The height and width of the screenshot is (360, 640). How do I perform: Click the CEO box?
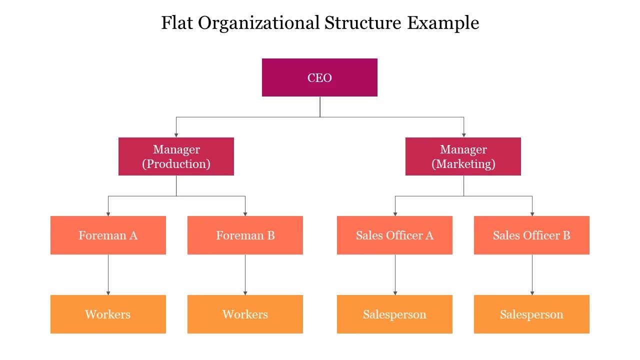319,77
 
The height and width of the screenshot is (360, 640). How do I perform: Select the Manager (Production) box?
176,156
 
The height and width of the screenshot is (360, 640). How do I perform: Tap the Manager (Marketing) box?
463,156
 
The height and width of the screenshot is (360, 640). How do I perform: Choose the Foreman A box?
108,235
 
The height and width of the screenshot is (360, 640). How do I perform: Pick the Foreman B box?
245,235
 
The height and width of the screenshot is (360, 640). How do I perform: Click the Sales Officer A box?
394,235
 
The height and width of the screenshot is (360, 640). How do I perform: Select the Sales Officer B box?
531,235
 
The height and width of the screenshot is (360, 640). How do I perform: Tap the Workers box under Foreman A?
108,314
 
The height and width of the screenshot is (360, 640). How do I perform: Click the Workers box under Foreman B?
245,314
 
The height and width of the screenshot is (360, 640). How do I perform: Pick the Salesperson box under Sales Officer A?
394,314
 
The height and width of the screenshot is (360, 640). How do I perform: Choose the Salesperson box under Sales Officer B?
531,314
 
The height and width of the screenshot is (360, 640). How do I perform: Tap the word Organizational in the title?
259,23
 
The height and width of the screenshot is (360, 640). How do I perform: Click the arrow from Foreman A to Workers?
108,274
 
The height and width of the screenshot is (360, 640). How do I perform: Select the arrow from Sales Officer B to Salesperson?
532,274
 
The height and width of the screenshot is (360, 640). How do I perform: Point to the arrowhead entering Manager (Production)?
176,134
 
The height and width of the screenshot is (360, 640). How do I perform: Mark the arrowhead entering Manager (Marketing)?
463,134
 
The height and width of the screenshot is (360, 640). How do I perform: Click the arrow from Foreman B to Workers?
245,274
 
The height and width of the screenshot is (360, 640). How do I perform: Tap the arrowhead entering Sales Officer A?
395,213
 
